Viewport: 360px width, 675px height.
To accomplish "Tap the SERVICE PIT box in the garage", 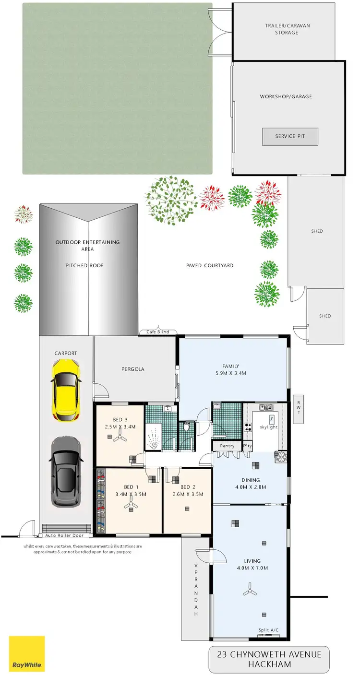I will (x=290, y=137).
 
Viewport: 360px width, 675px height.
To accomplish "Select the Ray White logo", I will (x=27, y=653).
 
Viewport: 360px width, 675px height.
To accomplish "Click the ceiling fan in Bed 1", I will (x=130, y=504).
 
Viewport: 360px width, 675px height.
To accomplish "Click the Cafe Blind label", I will (x=158, y=332).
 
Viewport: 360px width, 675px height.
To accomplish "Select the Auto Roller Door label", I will (x=64, y=535).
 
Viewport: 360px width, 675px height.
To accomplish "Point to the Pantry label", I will (x=227, y=446).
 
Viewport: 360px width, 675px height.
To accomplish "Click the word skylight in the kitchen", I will (x=269, y=427).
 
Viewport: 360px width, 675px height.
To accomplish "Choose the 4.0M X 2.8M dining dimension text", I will (x=251, y=487).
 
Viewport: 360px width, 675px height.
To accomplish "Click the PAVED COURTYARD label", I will (x=210, y=265).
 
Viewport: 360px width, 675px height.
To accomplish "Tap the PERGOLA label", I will (x=132, y=369).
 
